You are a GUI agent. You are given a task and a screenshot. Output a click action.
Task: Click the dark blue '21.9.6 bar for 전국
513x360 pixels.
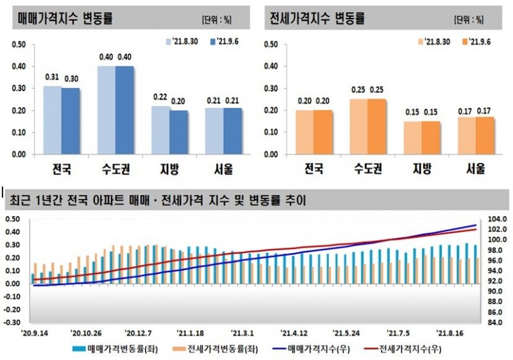click(x=70, y=121)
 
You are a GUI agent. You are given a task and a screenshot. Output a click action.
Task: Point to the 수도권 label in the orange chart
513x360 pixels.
click(x=367, y=169)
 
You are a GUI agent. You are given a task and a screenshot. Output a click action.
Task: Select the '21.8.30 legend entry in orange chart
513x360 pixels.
click(x=433, y=42)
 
